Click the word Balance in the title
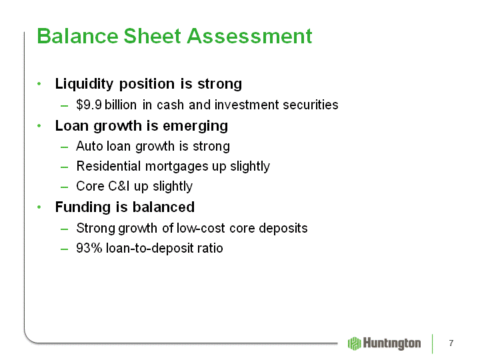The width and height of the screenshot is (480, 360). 77,36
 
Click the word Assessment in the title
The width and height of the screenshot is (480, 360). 249,36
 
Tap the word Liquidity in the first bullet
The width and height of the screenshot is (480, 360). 84,84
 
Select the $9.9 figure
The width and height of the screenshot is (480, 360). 89,105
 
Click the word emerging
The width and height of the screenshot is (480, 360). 195,126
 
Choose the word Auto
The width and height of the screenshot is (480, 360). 89,146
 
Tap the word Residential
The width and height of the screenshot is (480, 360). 109,166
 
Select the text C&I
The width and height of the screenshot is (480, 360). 118,186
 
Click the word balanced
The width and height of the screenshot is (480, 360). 163,207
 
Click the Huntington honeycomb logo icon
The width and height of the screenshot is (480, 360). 355,343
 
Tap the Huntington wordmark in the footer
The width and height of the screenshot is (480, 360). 392,344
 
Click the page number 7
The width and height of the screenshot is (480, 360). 451,343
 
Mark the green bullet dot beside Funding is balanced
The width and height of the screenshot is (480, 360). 39,207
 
